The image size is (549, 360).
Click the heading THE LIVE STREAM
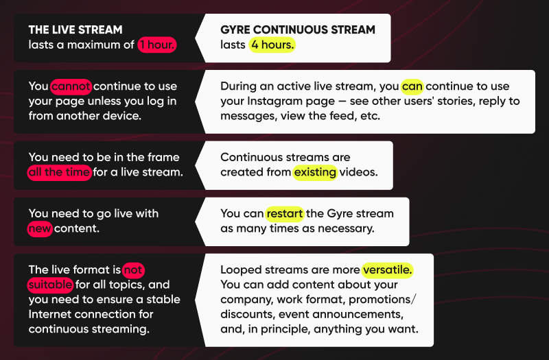(x=75, y=29)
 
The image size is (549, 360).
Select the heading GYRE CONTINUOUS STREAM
(x=298, y=29)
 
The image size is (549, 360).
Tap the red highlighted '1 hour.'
(x=157, y=45)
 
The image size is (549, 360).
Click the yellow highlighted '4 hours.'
(x=272, y=45)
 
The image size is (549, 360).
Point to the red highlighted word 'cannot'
(x=71, y=86)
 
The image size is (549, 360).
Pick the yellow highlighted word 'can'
(x=412, y=86)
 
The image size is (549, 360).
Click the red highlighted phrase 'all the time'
(x=60, y=172)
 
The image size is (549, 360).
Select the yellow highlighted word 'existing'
(x=315, y=172)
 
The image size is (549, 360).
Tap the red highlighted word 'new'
(x=40, y=228)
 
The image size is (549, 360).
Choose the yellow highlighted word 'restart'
(x=284, y=214)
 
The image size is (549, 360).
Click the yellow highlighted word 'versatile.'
(x=388, y=270)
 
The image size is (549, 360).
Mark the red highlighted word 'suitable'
(x=50, y=285)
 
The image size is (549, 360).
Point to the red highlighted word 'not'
(x=133, y=270)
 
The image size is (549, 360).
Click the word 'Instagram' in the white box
(x=273, y=101)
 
